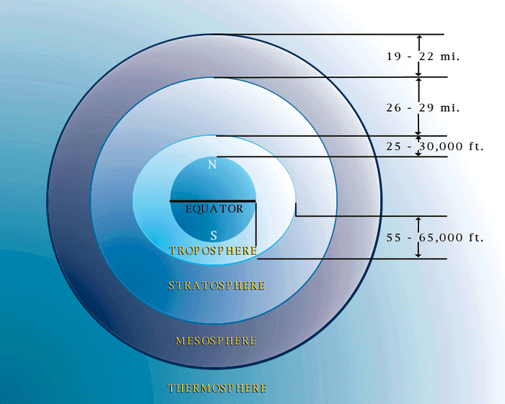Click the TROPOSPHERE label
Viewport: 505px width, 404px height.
click(214, 250)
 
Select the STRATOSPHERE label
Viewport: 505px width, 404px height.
click(216, 286)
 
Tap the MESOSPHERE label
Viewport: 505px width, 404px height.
click(216, 341)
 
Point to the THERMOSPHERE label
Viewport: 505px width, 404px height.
click(217, 388)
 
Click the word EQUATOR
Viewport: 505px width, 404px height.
click(214, 209)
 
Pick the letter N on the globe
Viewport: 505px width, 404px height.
click(212, 164)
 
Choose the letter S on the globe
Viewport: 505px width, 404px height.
click(214, 236)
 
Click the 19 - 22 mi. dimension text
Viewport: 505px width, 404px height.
click(423, 57)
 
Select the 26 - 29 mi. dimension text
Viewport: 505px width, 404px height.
click(423, 107)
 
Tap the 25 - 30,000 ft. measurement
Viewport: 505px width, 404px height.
click(435, 146)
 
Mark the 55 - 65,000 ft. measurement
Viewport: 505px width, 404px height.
click(435, 238)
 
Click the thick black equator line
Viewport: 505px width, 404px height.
click(213, 201)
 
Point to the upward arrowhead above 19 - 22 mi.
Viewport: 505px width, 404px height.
click(418, 38)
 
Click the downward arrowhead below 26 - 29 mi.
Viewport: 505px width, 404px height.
click(418, 133)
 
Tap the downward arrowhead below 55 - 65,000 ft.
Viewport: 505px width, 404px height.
click(418, 255)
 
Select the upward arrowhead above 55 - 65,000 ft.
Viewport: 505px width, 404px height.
click(418, 219)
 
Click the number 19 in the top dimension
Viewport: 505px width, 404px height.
click(394, 57)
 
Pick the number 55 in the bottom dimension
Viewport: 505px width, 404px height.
click(394, 238)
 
